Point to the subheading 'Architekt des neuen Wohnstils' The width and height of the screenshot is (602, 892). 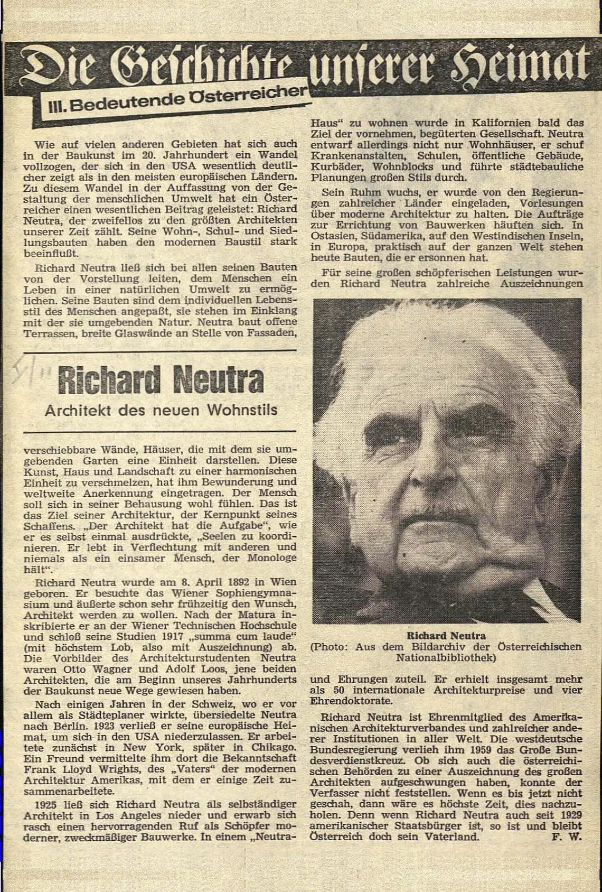(x=161, y=410)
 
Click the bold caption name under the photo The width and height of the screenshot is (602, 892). (x=447, y=635)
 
